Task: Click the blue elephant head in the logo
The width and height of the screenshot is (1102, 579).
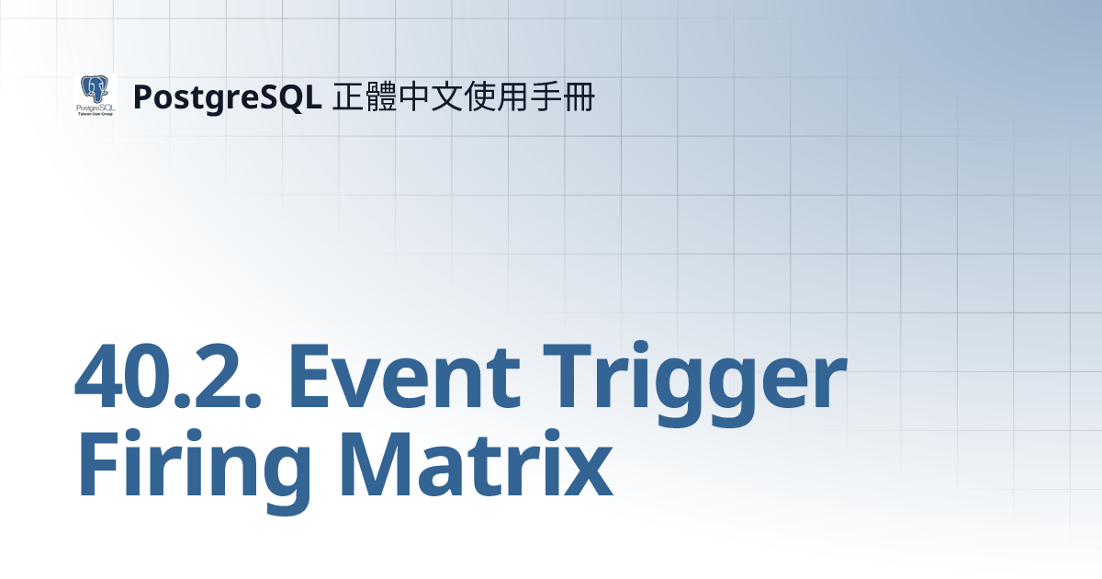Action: pos(95,89)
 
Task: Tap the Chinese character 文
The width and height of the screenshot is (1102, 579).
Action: pos(448,96)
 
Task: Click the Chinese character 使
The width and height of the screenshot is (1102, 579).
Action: pos(481,96)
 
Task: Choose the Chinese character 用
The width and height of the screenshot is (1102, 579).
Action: pos(514,96)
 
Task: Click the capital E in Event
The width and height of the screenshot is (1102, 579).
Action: pos(315,377)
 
